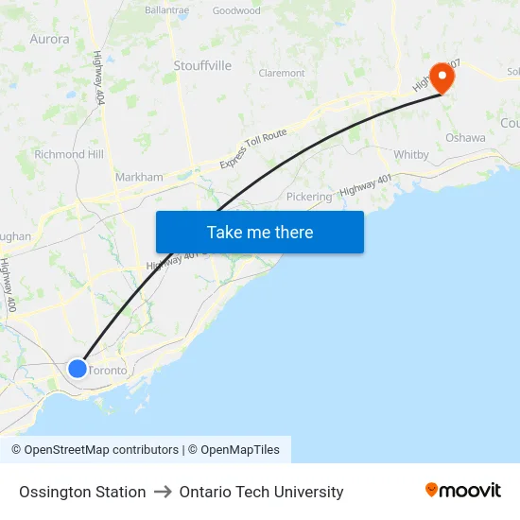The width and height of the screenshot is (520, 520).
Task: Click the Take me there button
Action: tap(260, 232)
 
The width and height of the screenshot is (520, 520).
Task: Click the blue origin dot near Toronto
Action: tap(78, 369)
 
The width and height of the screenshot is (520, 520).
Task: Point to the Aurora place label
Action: tap(49, 40)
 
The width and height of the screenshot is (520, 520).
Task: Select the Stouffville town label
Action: tap(202, 65)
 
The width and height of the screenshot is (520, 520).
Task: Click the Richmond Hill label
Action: tap(69, 154)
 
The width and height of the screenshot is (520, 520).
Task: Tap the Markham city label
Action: tap(139, 177)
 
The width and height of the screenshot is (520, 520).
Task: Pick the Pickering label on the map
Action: tap(309, 197)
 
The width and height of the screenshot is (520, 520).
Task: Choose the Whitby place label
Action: tap(411, 154)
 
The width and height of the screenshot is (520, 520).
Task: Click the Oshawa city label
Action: tap(465, 138)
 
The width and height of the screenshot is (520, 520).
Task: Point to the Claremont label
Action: tap(282, 73)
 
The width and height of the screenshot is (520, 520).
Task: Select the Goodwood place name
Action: tap(236, 11)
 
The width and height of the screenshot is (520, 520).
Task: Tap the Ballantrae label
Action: tap(167, 10)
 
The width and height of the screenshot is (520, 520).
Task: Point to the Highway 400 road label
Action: tap(9, 286)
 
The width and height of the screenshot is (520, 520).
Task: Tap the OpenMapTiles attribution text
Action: tap(240, 450)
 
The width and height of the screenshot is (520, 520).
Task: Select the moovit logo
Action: tap(463, 491)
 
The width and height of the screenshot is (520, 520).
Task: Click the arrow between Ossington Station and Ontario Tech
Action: tap(163, 492)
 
